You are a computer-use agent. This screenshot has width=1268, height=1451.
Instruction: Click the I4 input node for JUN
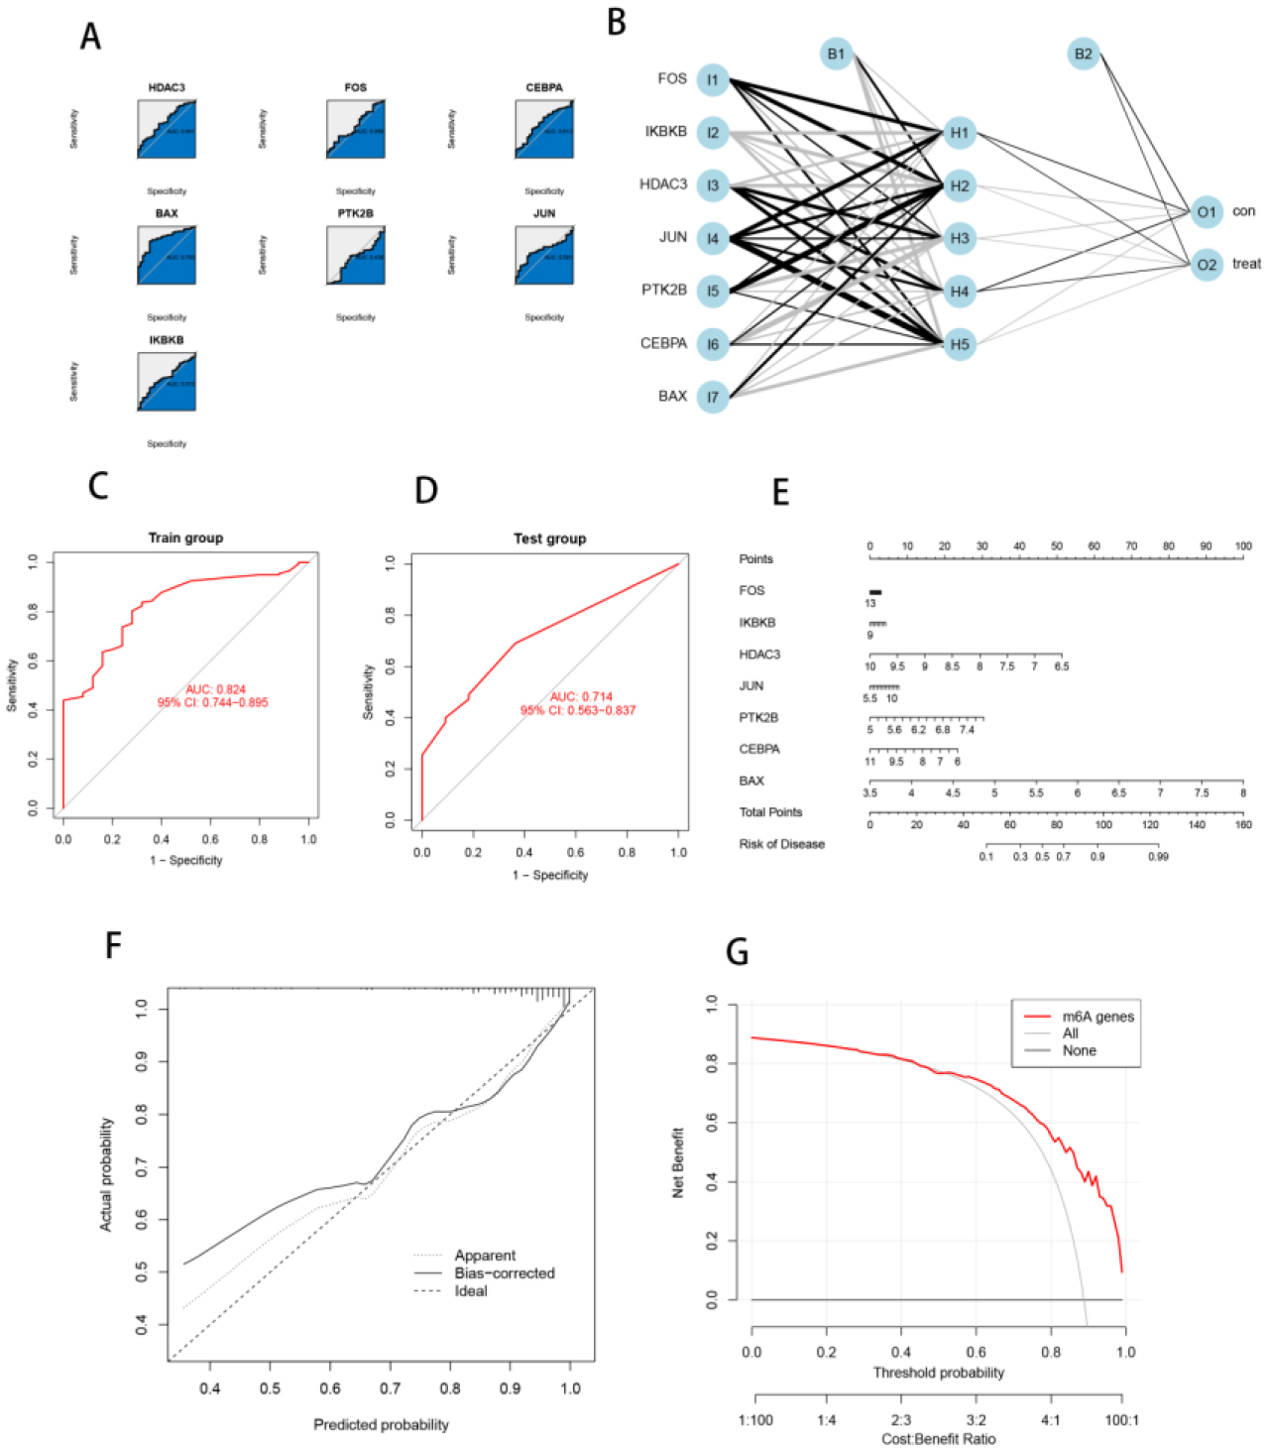point(712,238)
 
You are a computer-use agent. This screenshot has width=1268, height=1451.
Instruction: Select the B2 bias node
point(1083,54)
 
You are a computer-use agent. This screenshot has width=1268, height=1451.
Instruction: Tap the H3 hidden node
point(959,238)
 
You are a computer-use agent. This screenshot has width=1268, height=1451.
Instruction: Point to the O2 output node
point(1206,265)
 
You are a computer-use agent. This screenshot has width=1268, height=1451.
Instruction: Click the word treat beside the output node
point(1246,264)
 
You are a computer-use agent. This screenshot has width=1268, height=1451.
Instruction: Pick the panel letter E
point(781,492)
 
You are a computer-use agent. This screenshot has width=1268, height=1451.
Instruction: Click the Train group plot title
point(185,538)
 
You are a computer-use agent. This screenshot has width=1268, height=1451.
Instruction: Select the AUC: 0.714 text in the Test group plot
point(581,696)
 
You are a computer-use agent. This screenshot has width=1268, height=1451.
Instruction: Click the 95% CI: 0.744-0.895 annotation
point(212,702)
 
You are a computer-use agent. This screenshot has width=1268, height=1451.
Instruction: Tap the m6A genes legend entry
point(1097,1017)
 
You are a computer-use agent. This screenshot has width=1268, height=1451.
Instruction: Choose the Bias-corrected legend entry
point(504,1273)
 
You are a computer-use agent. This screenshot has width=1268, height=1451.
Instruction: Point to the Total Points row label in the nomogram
point(770,812)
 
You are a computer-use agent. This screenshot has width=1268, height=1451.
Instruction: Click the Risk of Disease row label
point(781,844)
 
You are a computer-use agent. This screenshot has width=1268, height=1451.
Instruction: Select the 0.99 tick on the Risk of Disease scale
point(1158,856)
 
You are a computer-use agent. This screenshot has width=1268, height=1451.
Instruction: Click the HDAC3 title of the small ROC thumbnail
point(167,88)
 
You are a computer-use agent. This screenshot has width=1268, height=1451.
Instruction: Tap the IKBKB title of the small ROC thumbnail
point(167,340)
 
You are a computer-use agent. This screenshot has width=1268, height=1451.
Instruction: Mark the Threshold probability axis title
point(938,1373)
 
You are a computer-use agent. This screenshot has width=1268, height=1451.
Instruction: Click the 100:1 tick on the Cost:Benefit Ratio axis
point(1121,1420)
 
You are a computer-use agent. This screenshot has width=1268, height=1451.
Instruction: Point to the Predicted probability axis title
point(381,1424)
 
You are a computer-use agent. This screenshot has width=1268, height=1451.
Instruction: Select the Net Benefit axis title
point(679,1162)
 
